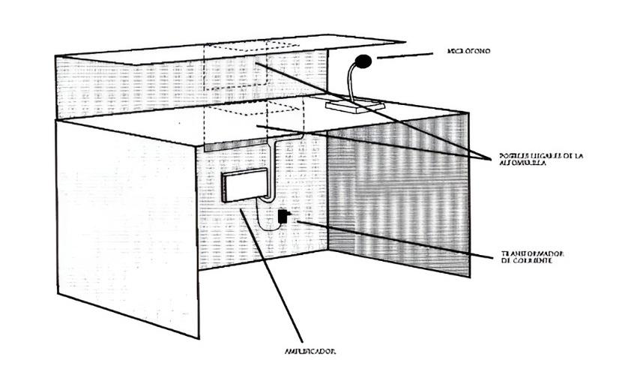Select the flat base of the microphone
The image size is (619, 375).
(356, 106)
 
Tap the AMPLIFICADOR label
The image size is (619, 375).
(309, 350)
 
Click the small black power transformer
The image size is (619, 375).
(282, 217)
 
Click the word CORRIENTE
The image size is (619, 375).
(531, 262)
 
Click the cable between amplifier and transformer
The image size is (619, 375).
(262, 214)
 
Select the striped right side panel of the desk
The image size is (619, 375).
(397, 187)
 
